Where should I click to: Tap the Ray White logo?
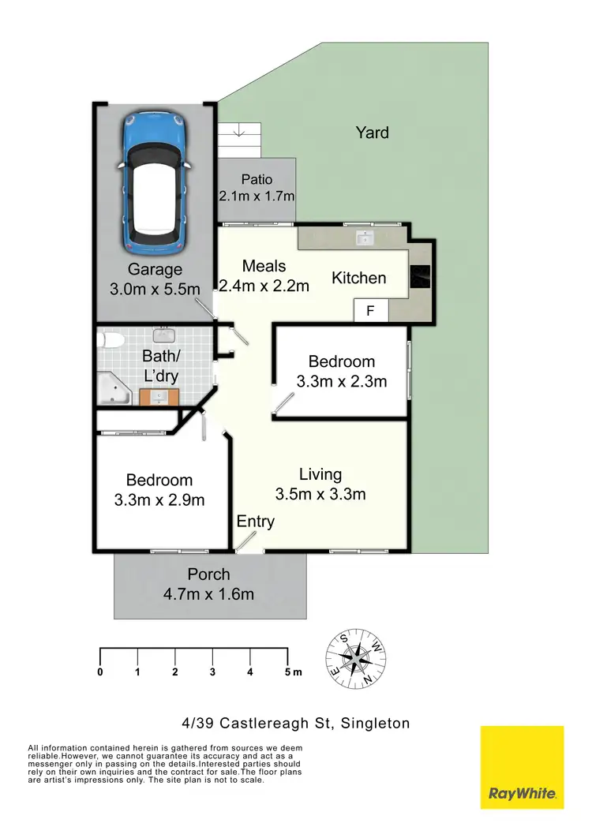[523, 767]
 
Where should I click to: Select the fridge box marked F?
[370, 312]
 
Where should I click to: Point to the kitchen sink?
[365, 236]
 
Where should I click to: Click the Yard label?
[372, 133]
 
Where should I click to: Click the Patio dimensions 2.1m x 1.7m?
[257, 195]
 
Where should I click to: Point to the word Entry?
[256, 522]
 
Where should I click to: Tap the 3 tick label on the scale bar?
[212, 672]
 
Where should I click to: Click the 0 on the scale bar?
[100, 672]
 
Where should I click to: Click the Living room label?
[320, 474]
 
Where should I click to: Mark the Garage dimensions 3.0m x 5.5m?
[155, 289]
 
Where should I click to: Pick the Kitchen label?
[359, 278]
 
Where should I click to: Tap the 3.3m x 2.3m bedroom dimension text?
[342, 382]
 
